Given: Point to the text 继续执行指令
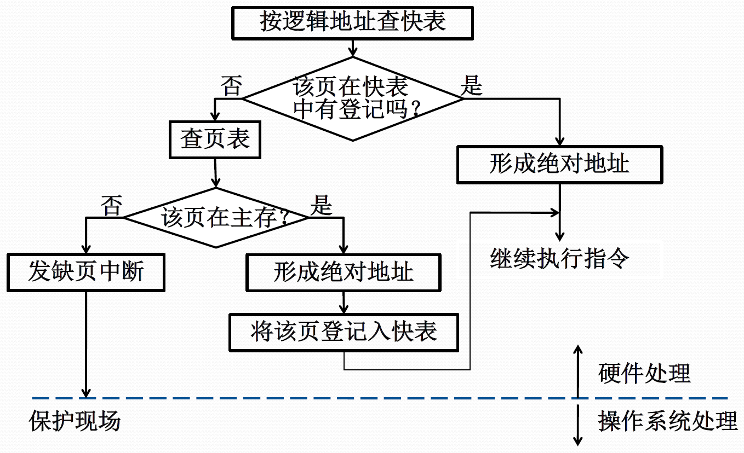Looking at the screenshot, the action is [560, 258].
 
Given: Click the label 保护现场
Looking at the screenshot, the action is [75, 421].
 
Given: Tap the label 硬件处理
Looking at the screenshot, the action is [644, 374].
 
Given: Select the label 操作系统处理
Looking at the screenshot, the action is [668, 421].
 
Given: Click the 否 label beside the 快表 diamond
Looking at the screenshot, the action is [232, 86].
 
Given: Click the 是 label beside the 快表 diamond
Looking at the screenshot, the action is [471, 85].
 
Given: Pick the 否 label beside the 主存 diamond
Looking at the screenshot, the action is [112, 206].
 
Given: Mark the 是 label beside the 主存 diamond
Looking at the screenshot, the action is [321, 205].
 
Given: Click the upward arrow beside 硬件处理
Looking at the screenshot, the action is [578, 371].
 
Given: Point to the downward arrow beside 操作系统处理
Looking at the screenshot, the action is [578, 425].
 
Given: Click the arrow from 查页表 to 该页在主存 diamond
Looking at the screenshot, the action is [215, 173].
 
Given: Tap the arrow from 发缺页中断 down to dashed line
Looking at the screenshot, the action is [86, 345].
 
